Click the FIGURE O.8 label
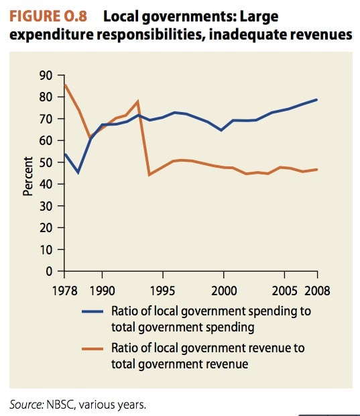tap(48, 16)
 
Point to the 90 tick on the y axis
tap(46, 76)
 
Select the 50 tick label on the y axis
tap(46, 162)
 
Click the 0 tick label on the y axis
tap(50, 272)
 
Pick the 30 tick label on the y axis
tap(46, 206)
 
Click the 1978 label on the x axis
tap(64, 291)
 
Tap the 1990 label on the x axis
tap(103, 291)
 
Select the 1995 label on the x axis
tap(163, 291)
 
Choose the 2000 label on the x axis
tap(224, 291)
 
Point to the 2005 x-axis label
tap(284, 291)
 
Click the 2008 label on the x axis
tap(317, 291)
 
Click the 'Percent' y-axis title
tap(28, 176)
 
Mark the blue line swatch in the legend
tap(93, 312)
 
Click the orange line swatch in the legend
tap(93, 349)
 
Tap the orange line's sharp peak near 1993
tap(138, 101)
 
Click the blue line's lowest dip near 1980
tap(78, 172)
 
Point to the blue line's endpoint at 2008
tap(317, 100)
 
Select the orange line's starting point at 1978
tap(65, 85)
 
